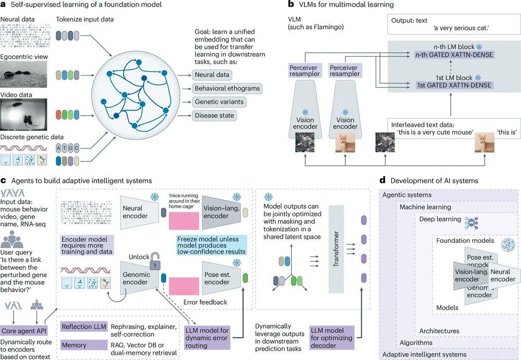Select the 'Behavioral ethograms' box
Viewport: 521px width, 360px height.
point(227,89)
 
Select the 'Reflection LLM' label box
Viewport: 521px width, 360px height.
point(84,327)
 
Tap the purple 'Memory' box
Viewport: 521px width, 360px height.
point(84,344)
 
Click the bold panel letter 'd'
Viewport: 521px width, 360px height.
point(383,181)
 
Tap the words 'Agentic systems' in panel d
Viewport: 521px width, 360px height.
point(406,195)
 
